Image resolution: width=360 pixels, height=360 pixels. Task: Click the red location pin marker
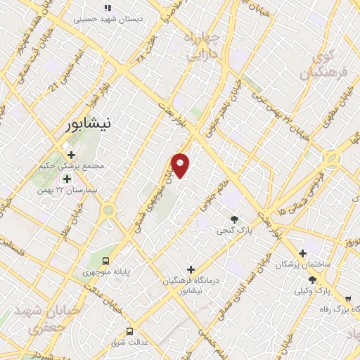click(x=180, y=165)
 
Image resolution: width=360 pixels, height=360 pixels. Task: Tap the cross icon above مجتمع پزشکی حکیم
click(x=70, y=154)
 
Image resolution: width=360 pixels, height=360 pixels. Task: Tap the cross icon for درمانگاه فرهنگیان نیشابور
click(x=190, y=269)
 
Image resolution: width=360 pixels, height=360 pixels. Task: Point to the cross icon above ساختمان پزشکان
click(x=302, y=253)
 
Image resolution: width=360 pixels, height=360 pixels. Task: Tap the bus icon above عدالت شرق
click(x=129, y=331)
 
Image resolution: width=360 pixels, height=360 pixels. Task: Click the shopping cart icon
click(x=347, y=299)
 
